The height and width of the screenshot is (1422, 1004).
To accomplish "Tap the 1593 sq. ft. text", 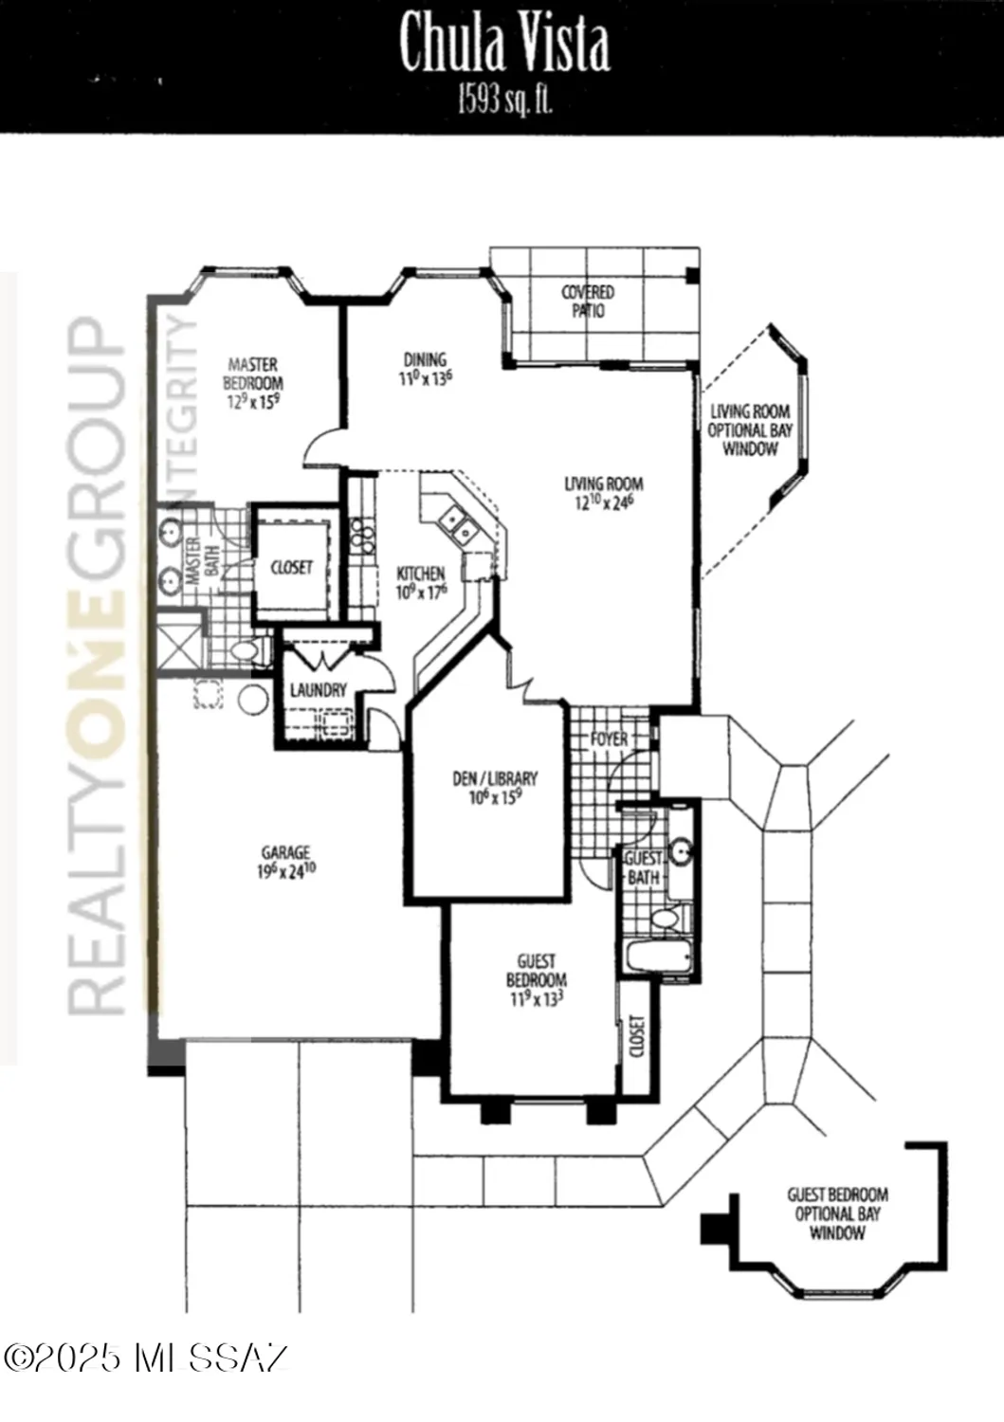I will [503, 100].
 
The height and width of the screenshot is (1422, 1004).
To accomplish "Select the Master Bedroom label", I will [253, 382].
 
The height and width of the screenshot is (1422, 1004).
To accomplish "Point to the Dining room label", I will [425, 368].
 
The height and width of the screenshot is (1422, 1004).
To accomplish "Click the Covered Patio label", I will [588, 301].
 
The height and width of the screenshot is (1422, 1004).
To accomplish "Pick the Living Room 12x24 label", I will [603, 493].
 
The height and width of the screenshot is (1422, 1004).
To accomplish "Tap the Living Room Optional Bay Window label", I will [749, 429].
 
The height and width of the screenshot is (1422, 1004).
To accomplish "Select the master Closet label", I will [291, 567].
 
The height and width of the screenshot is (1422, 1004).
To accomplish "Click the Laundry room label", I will [319, 690].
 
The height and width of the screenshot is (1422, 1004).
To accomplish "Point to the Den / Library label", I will [495, 787].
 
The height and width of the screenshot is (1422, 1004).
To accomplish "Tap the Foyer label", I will [609, 738].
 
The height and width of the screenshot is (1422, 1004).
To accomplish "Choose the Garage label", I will [285, 862].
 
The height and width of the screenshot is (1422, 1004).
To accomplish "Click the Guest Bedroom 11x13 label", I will [536, 979].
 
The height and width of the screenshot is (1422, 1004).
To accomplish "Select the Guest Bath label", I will [643, 868].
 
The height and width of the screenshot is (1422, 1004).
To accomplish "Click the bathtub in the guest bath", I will [660, 956].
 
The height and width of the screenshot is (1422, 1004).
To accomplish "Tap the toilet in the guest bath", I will [666, 918].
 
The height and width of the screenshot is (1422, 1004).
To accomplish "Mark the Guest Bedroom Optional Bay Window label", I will [837, 1213].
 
